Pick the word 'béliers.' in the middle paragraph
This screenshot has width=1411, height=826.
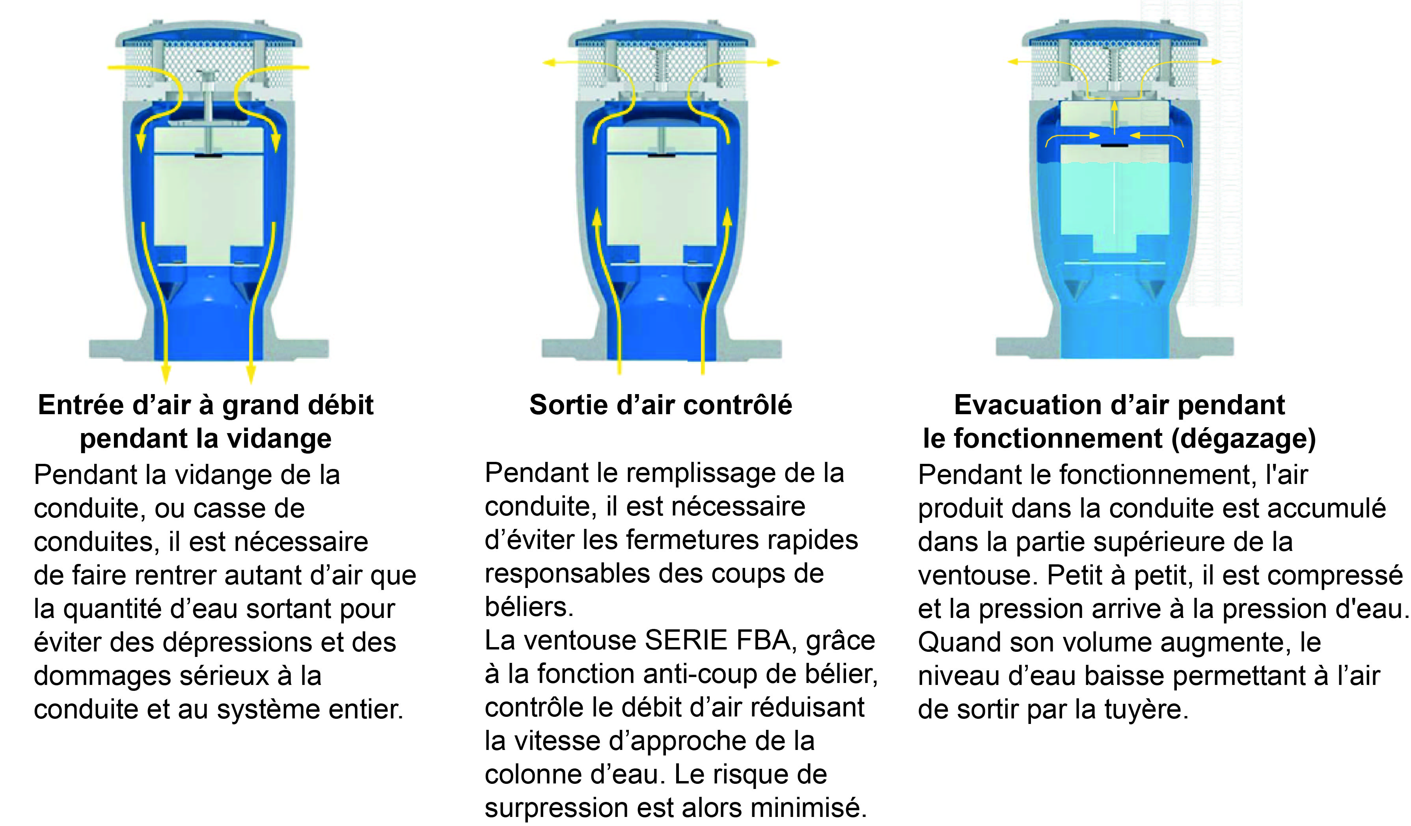point(529,607)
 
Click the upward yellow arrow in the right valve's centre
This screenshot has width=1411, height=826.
point(1114,117)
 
